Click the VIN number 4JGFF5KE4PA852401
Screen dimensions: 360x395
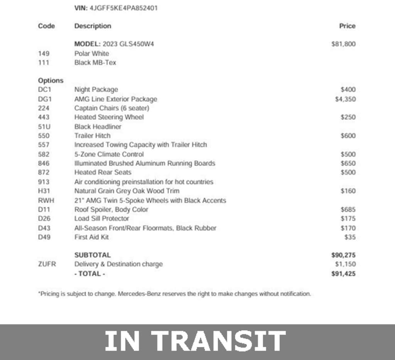point(123,8)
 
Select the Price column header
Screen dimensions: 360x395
point(347,26)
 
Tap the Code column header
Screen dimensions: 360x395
point(46,26)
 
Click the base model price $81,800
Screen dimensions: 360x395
point(343,44)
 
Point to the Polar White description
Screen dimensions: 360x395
point(92,53)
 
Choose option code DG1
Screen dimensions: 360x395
point(45,99)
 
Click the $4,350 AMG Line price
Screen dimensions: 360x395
point(345,99)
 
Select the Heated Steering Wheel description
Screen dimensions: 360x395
point(109,117)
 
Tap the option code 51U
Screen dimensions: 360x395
point(44,126)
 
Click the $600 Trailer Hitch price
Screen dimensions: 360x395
point(348,136)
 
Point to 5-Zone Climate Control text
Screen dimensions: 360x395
point(109,154)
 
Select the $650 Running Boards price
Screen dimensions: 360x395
point(348,163)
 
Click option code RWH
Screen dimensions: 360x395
point(46,200)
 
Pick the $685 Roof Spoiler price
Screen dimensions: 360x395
point(348,210)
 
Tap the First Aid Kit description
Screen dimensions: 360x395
point(91,237)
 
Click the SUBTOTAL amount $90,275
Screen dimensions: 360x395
point(343,255)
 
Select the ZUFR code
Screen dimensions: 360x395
point(47,264)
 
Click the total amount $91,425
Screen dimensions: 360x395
point(343,274)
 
